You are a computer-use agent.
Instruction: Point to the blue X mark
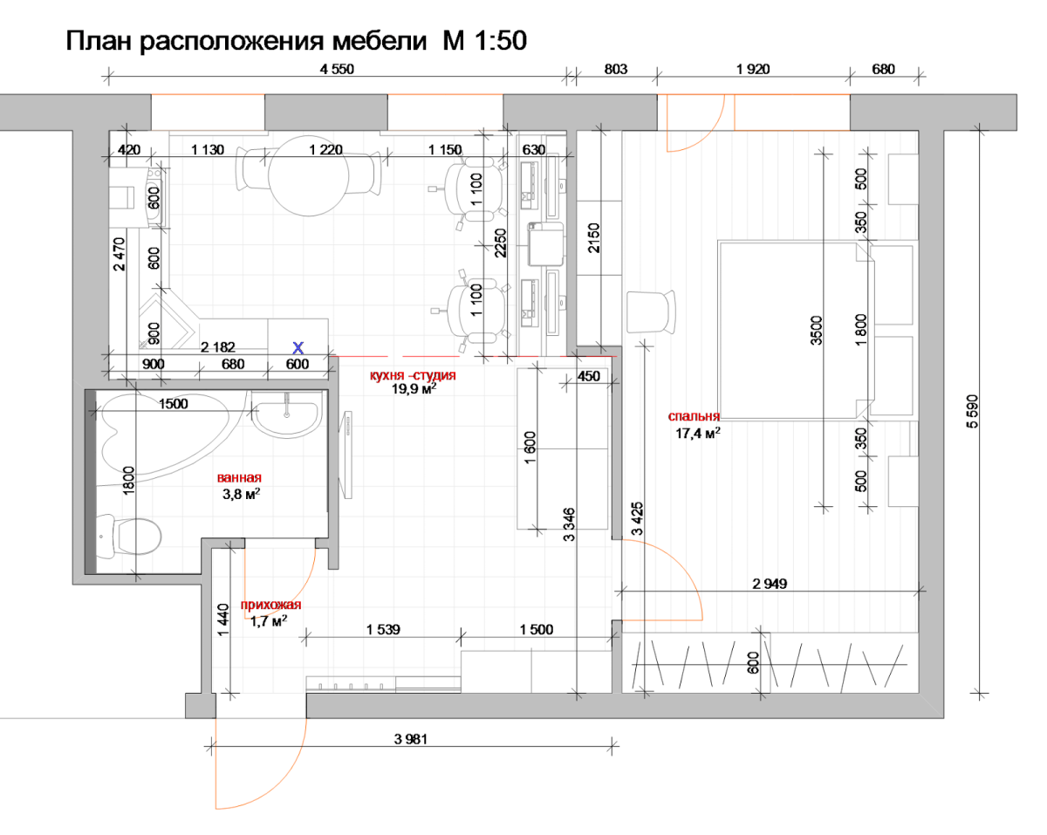pyautogui.click(x=298, y=346)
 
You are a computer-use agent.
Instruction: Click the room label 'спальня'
pyautogui.click(x=694, y=416)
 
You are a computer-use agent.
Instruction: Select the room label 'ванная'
pyautogui.click(x=239, y=478)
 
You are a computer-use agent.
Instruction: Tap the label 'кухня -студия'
pyautogui.click(x=413, y=375)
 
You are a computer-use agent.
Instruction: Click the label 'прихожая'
pyautogui.click(x=271, y=606)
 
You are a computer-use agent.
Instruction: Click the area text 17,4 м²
pyautogui.click(x=698, y=432)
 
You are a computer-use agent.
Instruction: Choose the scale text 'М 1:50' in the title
pyautogui.click(x=479, y=40)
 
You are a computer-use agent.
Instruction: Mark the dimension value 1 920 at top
pyautogui.click(x=753, y=70)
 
